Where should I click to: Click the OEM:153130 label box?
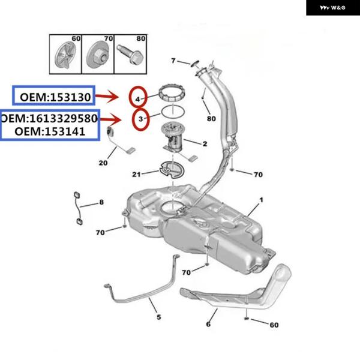[55, 97]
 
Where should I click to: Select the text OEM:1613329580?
[49, 118]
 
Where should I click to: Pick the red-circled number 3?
[140, 120]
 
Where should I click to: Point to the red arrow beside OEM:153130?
[112, 97]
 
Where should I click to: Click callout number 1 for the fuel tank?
[262, 200]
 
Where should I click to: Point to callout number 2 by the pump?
[205, 143]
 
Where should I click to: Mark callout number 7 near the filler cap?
[173, 61]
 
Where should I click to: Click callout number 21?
[136, 174]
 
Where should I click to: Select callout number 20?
[103, 163]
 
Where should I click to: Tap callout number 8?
[101, 203]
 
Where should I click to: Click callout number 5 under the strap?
[158, 316]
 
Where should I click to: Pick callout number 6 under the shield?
[208, 324]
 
